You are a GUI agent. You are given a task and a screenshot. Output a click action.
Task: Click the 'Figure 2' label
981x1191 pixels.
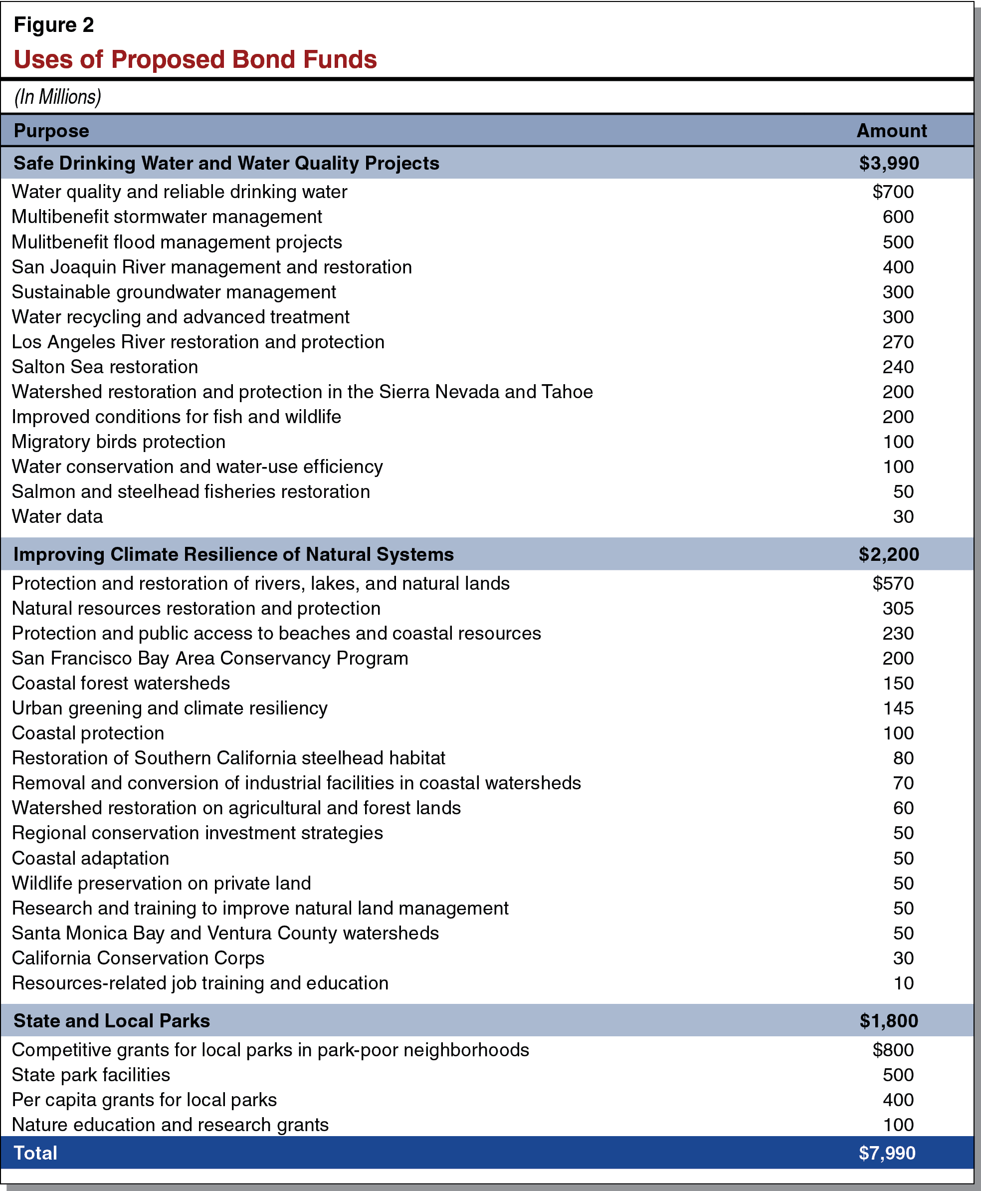coord(54,25)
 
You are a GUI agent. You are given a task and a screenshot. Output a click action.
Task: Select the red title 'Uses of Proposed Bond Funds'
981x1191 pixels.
coord(195,59)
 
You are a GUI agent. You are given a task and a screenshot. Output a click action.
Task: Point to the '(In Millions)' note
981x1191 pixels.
coord(58,97)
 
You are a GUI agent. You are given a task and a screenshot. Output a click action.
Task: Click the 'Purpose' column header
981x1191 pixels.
coord(51,131)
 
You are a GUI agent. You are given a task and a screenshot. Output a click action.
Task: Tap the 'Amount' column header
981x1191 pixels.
coord(891,131)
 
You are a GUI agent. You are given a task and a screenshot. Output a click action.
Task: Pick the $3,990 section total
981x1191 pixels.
coord(888,163)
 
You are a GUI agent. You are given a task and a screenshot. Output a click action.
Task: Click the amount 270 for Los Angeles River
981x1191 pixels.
coord(897,342)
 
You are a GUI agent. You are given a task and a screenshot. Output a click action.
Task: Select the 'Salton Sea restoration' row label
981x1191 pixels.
coord(105,367)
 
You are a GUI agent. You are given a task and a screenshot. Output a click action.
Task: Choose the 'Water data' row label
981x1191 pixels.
coord(58,516)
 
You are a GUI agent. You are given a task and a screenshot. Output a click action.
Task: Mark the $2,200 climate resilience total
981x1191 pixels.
coord(888,554)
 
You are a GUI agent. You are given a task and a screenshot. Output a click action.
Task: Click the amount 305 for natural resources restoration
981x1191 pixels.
coord(897,608)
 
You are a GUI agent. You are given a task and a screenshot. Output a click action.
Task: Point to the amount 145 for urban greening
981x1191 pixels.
coord(897,709)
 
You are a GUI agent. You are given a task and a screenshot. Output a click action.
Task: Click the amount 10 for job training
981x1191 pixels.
coord(903,983)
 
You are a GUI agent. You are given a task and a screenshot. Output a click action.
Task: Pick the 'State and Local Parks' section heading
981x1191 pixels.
coord(112,1021)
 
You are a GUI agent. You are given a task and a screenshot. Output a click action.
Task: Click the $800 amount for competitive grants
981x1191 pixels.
coord(892,1050)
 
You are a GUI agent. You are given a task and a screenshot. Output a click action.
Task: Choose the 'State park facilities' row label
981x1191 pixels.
coord(91,1075)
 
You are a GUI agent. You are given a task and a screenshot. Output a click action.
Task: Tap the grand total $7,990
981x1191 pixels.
coord(887,1153)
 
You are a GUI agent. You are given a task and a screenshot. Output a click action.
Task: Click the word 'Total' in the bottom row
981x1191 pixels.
coord(35,1153)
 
